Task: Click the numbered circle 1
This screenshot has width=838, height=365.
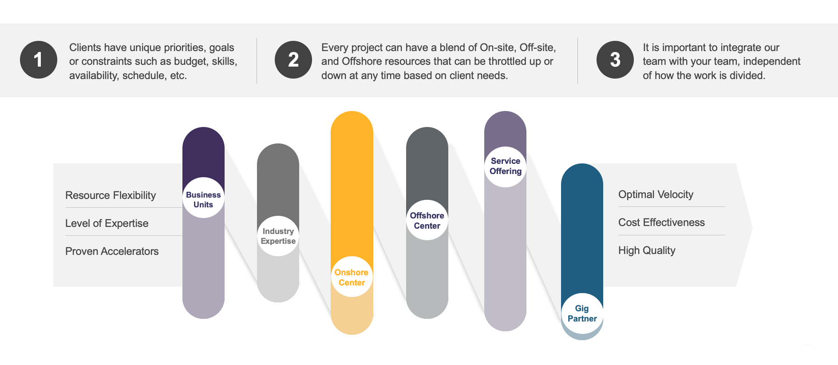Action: (39, 60)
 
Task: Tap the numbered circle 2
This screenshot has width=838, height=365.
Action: (293, 60)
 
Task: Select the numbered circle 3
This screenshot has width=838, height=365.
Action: (615, 60)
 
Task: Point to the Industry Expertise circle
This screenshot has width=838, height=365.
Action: (278, 236)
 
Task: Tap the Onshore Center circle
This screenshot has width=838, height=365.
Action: (352, 277)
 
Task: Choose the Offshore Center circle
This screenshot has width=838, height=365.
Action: (427, 220)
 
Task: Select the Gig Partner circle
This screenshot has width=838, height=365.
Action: (582, 314)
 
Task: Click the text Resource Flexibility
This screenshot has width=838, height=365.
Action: (111, 195)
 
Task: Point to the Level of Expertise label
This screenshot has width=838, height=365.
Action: (107, 223)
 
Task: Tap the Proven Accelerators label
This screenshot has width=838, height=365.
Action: (112, 251)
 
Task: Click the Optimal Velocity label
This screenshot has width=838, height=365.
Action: (656, 194)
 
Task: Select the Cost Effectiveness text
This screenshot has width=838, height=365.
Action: (661, 222)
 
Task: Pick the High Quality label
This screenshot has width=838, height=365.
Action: (647, 250)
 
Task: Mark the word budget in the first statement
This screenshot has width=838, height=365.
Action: (191, 62)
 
